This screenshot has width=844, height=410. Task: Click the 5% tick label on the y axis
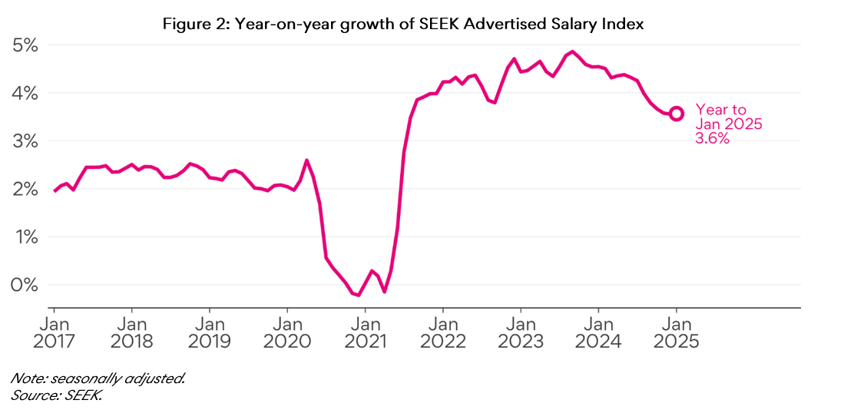(x=25, y=45)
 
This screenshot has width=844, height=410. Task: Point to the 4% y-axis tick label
(x=25, y=93)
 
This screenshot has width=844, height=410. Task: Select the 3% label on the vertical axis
(x=25, y=141)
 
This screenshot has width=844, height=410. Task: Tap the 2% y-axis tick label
(x=25, y=189)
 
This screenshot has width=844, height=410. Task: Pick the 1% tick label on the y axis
(x=25, y=237)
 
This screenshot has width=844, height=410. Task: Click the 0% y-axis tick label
(x=25, y=285)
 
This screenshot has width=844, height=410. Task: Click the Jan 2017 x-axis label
(x=55, y=332)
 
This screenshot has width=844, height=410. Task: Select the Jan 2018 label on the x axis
(x=132, y=332)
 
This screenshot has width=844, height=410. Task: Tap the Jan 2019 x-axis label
(x=210, y=332)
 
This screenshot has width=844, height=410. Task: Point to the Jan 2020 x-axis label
(x=288, y=332)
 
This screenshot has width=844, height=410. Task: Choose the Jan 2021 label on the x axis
(x=366, y=332)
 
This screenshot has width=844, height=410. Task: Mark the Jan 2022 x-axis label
(x=443, y=332)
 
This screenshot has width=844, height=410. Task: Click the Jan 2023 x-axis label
(x=521, y=332)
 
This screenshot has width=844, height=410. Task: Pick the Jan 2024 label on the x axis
(x=598, y=332)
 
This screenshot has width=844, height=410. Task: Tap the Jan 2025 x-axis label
(x=677, y=332)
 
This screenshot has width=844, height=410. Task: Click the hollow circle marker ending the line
(x=677, y=114)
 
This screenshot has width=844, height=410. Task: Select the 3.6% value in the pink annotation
(x=712, y=139)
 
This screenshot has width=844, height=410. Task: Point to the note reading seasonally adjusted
(x=98, y=379)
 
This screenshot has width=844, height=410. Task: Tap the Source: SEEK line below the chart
(x=56, y=395)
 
